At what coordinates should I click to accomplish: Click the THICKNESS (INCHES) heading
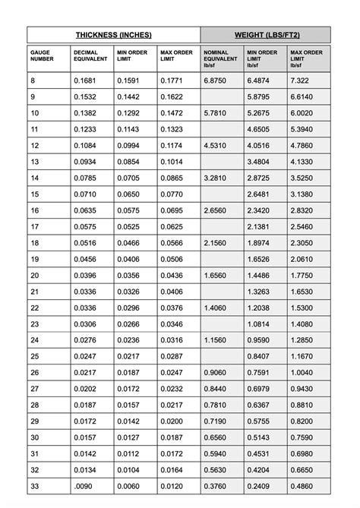(114, 35)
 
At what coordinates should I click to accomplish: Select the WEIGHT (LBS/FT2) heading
(266, 35)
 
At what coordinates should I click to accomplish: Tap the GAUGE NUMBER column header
(43, 55)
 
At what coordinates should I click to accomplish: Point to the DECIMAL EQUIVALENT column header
(90, 55)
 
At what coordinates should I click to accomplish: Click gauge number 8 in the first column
(33, 80)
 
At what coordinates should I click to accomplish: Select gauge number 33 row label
(35, 487)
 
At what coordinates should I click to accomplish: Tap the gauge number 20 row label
(35, 275)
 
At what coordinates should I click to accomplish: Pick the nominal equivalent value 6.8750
(217, 80)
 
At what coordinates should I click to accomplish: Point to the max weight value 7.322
(301, 80)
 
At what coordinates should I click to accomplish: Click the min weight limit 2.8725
(260, 178)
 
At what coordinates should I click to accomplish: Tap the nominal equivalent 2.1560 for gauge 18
(217, 242)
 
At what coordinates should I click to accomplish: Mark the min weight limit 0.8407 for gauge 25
(260, 356)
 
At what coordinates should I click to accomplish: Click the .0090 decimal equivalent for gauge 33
(85, 487)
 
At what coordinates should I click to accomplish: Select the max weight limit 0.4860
(302, 487)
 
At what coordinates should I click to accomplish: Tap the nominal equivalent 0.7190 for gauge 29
(217, 421)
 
